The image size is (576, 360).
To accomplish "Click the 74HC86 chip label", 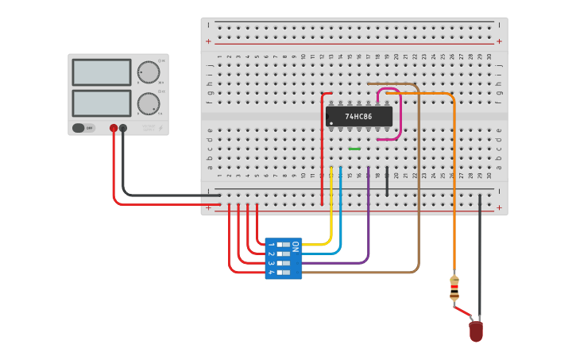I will tap(359, 116).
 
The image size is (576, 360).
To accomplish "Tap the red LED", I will tap(476, 331).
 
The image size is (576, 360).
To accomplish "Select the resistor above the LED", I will tap(454, 288).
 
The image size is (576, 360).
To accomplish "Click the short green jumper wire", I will tap(354, 149).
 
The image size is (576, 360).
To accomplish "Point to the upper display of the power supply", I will tap(102, 72).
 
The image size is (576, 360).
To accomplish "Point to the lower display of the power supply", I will tap(102, 103).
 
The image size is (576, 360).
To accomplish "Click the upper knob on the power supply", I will tap(148, 72).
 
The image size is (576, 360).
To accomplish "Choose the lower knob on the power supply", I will tap(148, 103).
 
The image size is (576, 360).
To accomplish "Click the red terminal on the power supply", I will tap(114, 128).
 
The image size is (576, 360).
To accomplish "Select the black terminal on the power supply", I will tap(123, 128).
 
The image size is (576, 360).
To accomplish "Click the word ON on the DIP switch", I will tap(296, 246).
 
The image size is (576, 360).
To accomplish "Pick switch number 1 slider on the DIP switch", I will tap(283, 245).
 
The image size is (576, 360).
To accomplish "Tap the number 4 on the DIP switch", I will tap(271, 273).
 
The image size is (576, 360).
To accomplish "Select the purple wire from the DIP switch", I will tap(369, 223).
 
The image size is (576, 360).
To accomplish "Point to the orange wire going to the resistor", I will tap(454, 183).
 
